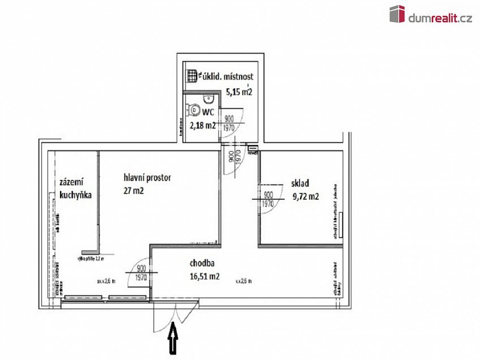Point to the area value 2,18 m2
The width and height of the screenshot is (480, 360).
tap(202, 126)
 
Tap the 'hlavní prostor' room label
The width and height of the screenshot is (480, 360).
tap(147, 178)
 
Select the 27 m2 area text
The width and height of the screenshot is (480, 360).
tap(134, 191)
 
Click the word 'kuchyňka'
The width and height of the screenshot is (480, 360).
tap(75, 195)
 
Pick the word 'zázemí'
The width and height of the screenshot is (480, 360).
tap(71, 182)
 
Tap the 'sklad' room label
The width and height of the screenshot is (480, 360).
tap(300, 183)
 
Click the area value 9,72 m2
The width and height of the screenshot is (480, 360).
tap(306, 197)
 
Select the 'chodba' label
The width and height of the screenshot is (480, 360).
tap(202, 263)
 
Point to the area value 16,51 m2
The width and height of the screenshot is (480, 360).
tap(205, 277)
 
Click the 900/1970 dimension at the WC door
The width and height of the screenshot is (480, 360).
tap(229, 123)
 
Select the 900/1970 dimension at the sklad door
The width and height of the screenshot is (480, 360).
tap(268, 199)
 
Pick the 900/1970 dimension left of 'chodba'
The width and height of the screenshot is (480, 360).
tap(142, 273)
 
